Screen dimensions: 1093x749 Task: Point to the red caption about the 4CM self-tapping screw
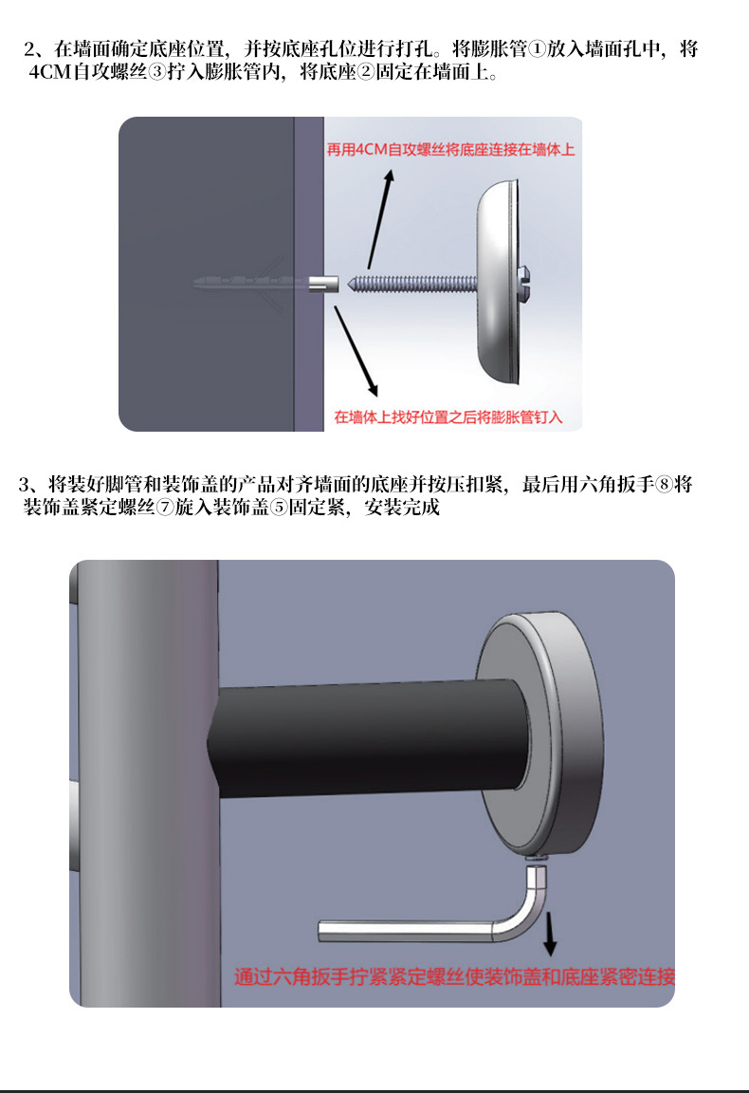tap(450, 150)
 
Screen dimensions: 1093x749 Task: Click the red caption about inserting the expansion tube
tap(448, 416)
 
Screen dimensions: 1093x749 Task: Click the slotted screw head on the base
tap(524, 278)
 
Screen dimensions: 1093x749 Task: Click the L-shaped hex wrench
tap(427, 926)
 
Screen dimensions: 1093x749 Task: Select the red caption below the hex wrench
tap(455, 976)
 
